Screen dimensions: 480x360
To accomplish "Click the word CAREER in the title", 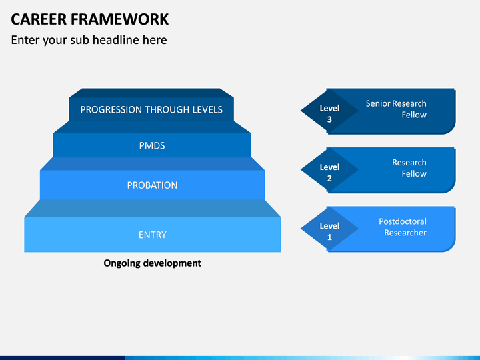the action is point(39,19).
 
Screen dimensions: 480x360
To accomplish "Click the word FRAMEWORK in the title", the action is point(120,19).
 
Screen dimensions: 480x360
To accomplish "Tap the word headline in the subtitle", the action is point(116,40).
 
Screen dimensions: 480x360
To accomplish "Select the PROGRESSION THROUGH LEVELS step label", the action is point(151,109).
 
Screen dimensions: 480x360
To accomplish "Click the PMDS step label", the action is point(152,145).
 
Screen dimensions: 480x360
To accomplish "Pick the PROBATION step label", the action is point(152,185).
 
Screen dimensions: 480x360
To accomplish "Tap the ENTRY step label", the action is point(153,235).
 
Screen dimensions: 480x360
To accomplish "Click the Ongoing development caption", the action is point(152,263).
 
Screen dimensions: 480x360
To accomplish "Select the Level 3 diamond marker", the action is point(329,111).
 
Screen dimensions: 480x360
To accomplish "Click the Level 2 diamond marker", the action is point(329,169).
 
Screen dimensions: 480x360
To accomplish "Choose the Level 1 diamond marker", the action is point(329,229).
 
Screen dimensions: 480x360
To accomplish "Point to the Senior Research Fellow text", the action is point(396,109).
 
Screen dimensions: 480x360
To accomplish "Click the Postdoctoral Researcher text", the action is point(403,227).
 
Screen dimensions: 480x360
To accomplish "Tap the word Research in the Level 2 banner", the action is point(409,162).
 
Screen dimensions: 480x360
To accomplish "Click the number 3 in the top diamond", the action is point(329,119).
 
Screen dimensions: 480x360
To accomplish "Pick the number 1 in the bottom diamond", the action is point(329,237).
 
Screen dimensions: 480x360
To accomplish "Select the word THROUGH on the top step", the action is point(167,109).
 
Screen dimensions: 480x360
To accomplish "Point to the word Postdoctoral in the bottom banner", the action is point(403,221).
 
